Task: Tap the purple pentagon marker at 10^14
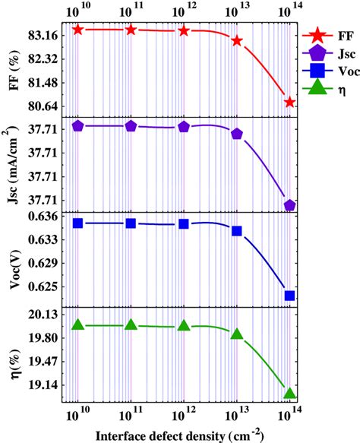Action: [289, 205]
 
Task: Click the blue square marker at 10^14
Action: [289, 296]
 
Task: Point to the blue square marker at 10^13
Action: [237, 231]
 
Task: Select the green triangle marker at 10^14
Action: [289, 393]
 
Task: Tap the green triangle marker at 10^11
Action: [131, 324]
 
